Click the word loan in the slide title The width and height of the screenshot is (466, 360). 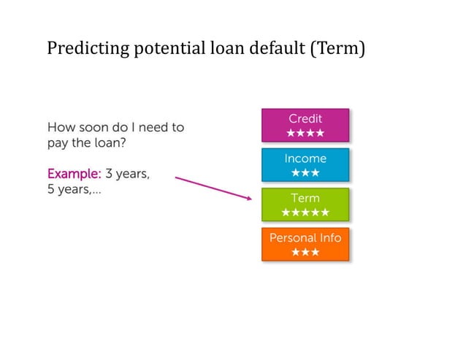click(x=229, y=49)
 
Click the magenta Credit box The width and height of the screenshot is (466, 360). click(x=305, y=125)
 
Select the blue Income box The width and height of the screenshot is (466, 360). click(x=305, y=164)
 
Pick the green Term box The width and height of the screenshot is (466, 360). click(x=305, y=204)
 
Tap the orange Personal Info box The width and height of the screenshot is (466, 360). click(x=305, y=244)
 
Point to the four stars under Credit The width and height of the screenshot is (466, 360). click(x=305, y=134)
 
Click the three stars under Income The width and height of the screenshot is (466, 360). click(x=305, y=173)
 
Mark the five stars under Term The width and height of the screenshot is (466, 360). click(x=305, y=212)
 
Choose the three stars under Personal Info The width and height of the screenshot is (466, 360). click(x=305, y=252)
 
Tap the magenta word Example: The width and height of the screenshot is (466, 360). click(x=74, y=175)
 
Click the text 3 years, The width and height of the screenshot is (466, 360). click(x=128, y=175)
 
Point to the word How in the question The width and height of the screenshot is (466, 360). click(x=61, y=127)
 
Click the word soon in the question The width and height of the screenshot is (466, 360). click(x=94, y=127)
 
